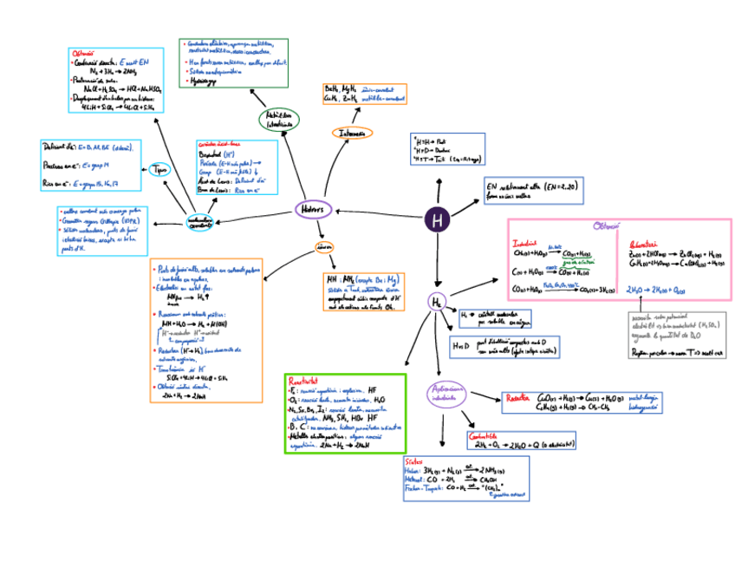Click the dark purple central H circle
click(437, 221)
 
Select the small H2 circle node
click(437, 302)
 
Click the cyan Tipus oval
click(160, 170)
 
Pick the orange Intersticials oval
click(352, 133)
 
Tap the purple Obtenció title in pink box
click(606, 226)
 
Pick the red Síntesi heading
click(414, 461)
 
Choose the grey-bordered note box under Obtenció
click(676, 334)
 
